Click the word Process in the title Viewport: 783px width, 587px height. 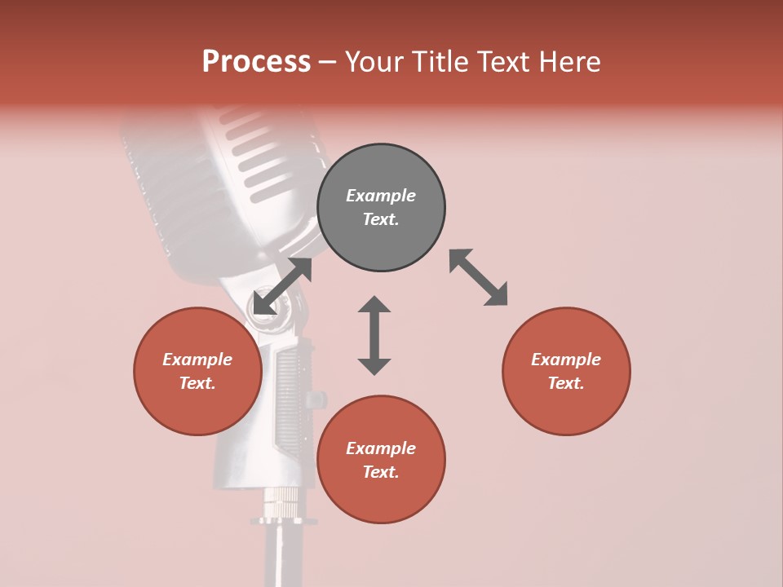tap(256, 62)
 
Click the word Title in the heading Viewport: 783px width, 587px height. tap(442, 62)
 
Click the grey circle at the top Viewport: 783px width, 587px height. tap(381, 208)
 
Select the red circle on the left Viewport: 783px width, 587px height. tap(197, 371)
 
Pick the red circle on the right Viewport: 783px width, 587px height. tap(566, 371)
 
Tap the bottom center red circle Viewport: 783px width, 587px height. tap(381, 459)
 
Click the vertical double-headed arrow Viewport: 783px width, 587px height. tap(374, 335)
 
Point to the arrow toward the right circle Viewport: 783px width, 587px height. tap(479, 277)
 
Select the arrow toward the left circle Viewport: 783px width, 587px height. tap(282, 286)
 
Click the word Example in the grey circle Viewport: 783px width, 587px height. tap(381, 196)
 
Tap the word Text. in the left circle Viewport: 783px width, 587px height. tap(197, 383)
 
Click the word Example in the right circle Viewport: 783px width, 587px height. tap(566, 360)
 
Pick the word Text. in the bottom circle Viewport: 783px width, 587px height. tap(381, 472)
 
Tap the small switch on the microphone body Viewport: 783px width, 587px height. tap(313, 399)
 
